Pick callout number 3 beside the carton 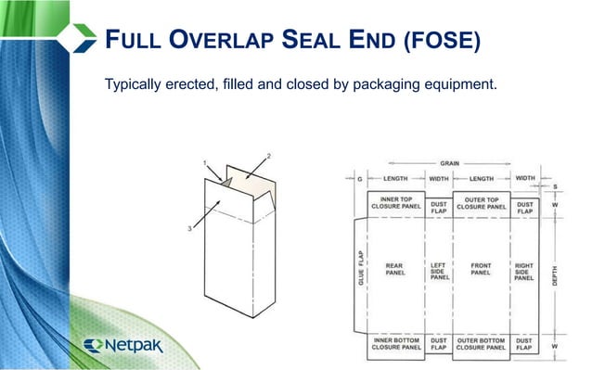(193, 228)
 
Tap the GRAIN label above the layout (449, 162)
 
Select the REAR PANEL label (393, 269)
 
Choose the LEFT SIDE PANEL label (439, 270)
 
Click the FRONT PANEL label (480, 269)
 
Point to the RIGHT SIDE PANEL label (523, 270)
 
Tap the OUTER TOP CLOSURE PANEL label (482, 202)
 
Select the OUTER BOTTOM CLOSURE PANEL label (482, 345)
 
